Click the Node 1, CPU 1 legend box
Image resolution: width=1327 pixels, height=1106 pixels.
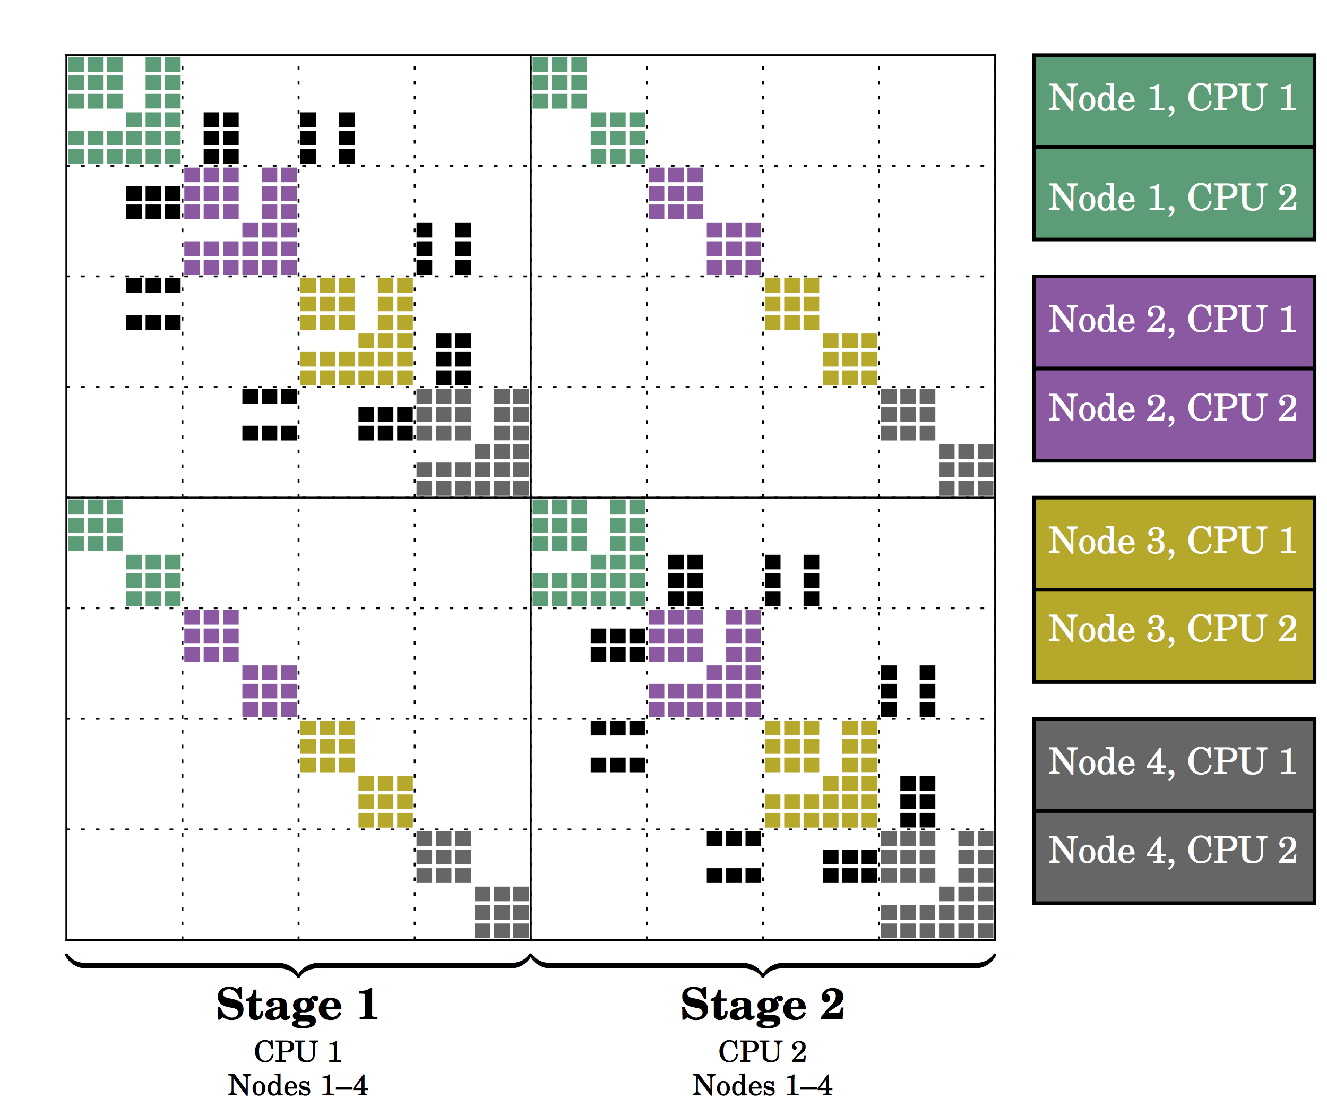pos(1174,101)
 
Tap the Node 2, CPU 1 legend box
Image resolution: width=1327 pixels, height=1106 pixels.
pos(1174,322)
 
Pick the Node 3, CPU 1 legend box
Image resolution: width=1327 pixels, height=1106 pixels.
pos(1174,544)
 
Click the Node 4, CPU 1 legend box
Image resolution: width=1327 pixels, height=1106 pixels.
pos(1174,765)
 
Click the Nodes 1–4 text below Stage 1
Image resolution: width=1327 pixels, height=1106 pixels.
pos(298,1086)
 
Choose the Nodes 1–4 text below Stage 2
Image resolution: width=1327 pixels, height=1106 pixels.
pos(763,1086)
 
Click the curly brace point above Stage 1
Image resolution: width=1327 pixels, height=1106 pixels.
pos(298,976)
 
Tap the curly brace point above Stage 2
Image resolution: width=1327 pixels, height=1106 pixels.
pos(763,976)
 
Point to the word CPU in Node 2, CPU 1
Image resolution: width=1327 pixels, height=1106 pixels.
pos(1227,319)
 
